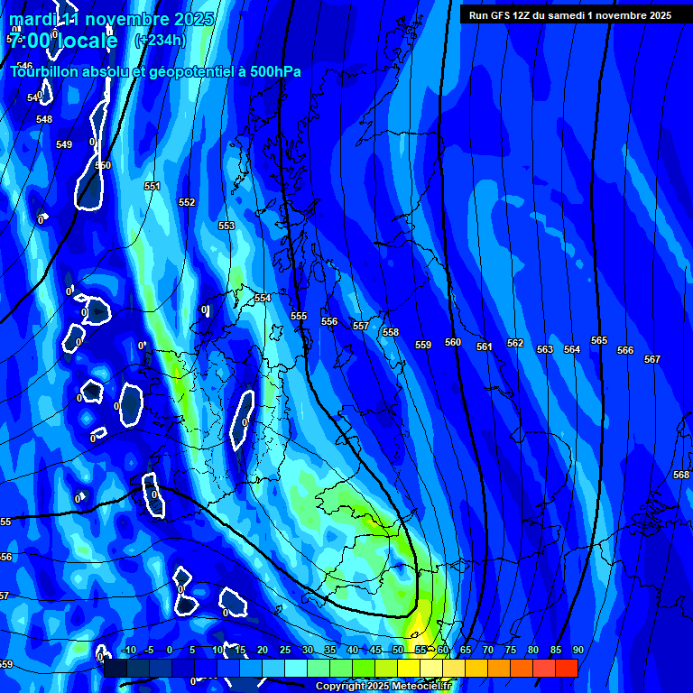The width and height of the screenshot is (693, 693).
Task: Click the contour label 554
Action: click(263, 298)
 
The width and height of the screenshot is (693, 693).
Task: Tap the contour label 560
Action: click(453, 343)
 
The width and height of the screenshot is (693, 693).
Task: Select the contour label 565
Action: click(599, 340)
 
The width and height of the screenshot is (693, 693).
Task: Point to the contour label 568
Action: click(681, 475)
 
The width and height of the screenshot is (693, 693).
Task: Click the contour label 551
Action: click(152, 186)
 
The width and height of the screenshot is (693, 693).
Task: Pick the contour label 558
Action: click(391, 333)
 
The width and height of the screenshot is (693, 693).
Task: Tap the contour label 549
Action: click(64, 144)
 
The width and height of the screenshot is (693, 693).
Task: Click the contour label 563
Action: click(545, 349)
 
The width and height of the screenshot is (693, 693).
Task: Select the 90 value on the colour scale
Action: click(577, 650)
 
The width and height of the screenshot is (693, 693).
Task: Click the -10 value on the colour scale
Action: click(129, 650)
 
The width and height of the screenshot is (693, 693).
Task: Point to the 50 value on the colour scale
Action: click(398, 650)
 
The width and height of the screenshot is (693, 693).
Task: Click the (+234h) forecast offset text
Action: click(160, 40)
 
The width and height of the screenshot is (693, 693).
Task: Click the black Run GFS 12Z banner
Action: click(569, 15)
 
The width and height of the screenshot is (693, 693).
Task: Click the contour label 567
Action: click(652, 359)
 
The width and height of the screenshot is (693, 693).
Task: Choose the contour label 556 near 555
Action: click(329, 321)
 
